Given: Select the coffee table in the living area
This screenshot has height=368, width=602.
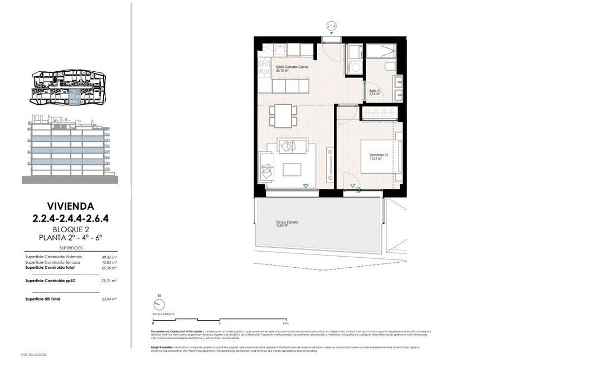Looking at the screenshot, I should click(292, 169).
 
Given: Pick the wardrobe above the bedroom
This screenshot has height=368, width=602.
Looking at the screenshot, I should click(381, 114).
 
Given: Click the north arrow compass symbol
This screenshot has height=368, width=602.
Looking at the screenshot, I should click(159, 304).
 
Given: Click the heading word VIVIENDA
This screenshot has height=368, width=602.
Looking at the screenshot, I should click(70, 206).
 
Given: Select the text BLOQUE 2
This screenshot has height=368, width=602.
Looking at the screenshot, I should click(70, 229).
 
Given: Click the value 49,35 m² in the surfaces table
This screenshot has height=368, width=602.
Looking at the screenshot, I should click(109, 257).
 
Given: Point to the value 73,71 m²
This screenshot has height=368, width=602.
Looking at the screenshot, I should click(109, 281).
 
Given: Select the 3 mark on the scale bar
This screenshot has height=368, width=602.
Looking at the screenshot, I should click(219, 323).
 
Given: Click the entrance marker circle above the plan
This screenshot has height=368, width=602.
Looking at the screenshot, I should click(332, 26).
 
